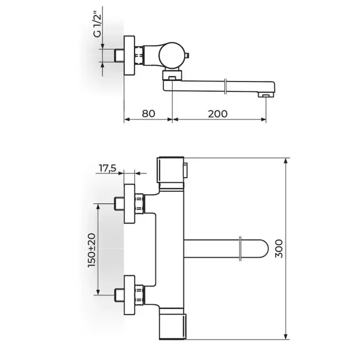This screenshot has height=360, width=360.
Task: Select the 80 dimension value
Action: click(148, 113)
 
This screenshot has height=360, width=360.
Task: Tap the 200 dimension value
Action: click(218, 113)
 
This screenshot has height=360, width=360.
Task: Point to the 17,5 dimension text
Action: click(107, 168)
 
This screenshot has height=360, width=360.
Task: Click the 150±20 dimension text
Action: click(92, 250)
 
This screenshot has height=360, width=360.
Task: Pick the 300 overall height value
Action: click(279, 248)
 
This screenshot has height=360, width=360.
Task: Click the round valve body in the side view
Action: click(172, 55)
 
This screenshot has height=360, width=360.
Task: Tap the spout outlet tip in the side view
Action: click(266, 95)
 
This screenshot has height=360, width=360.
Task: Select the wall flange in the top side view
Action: click(129, 55)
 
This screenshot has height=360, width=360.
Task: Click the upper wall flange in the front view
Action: click(129, 203)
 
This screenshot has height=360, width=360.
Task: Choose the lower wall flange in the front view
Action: click(129, 295)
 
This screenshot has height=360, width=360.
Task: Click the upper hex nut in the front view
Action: click(139, 203)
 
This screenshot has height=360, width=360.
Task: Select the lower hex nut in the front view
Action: click(139, 295)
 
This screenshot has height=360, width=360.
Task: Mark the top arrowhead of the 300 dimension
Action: click(286, 160)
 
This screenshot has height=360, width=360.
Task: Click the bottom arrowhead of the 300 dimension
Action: click(286, 337)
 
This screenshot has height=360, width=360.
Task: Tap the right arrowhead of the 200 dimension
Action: click(263, 119)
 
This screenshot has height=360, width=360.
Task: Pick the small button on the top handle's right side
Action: click(186, 170)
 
